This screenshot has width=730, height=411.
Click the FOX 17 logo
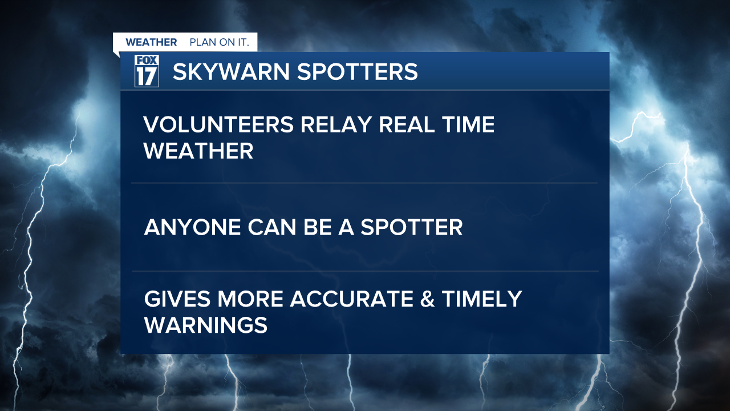tap(147, 71)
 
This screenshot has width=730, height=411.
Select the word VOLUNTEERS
tap(218, 125)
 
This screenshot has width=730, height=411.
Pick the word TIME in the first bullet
tap(467, 125)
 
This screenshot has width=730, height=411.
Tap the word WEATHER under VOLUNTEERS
tap(198, 151)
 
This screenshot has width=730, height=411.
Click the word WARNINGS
tap(205, 325)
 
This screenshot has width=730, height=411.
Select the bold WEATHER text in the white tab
tap(151, 43)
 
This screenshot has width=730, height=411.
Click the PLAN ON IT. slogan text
tap(219, 43)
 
